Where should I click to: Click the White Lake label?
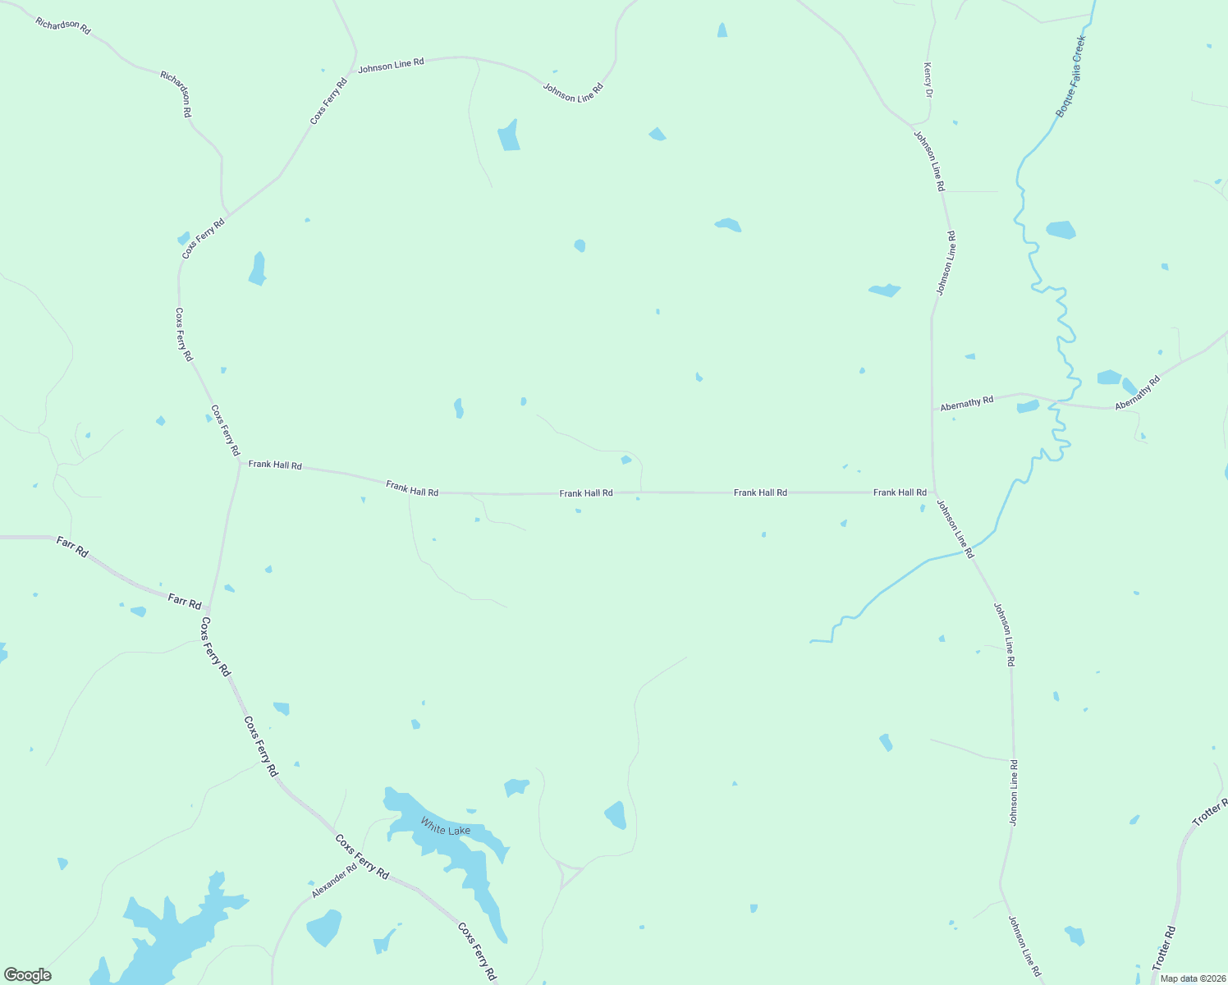tap(446, 829)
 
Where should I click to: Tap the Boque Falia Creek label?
tap(1070, 76)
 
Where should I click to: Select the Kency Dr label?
tap(928, 80)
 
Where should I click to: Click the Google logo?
tap(28, 975)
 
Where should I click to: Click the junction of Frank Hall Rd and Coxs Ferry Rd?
tap(240, 463)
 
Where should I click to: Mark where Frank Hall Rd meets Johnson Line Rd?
tap(933, 492)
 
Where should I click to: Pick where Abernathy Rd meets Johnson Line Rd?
tap(932, 410)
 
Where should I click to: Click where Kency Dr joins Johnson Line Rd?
tap(914, 126)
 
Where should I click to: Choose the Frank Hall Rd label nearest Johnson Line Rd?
tap(900, 492)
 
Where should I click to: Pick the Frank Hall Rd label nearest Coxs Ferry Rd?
tap(275, 465)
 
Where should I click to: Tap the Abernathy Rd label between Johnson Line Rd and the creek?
tap(967, 403)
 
